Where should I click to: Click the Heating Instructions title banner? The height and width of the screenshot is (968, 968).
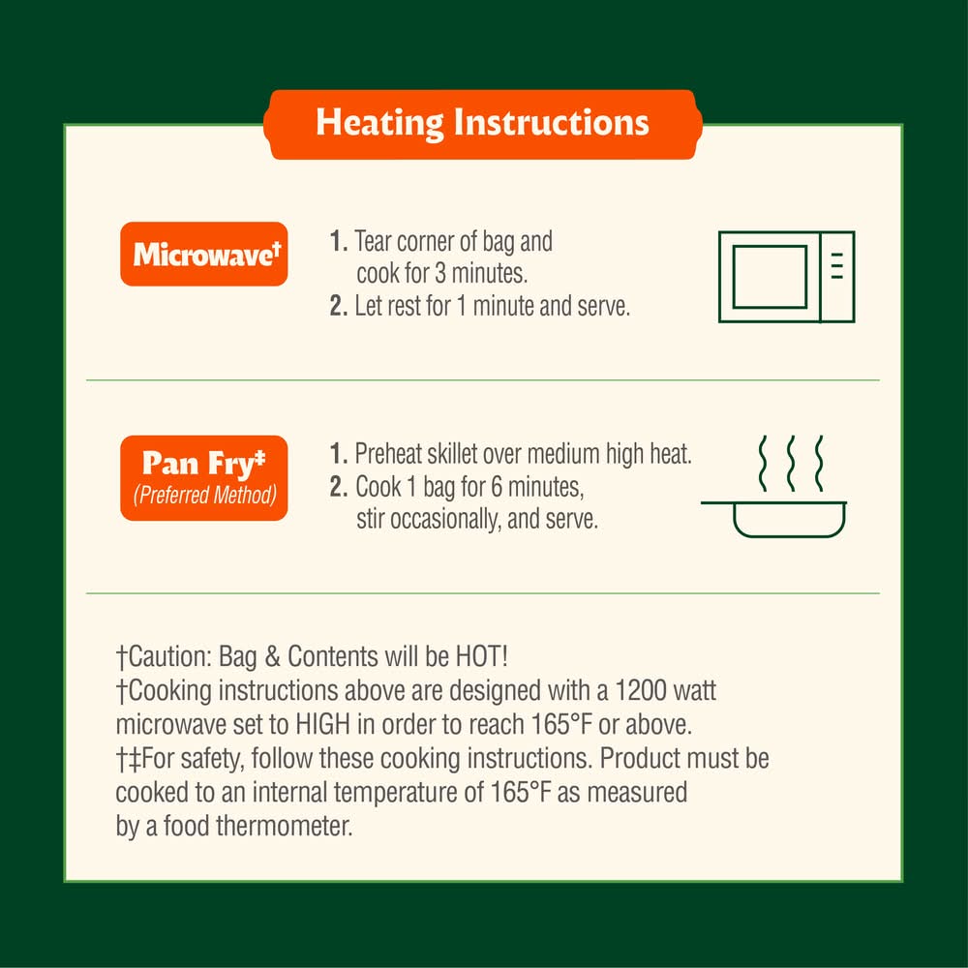pos(483,124)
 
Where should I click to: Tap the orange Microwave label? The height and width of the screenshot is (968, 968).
pos(204,254)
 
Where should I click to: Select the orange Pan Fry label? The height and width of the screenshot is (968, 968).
pos(204,478)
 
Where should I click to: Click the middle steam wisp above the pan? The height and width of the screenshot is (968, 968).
pos(791,464)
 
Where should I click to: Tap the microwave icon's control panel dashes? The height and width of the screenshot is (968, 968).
pos(837,265)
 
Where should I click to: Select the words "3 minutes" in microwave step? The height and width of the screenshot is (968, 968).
pos(481,274)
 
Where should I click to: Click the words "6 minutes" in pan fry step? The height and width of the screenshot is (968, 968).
pos(537,487)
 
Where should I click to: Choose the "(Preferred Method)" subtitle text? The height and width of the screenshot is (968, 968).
pos(204,495)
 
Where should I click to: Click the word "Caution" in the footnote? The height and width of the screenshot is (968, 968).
pos(166,656)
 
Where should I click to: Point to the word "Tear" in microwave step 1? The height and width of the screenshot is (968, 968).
pos(373,241)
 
